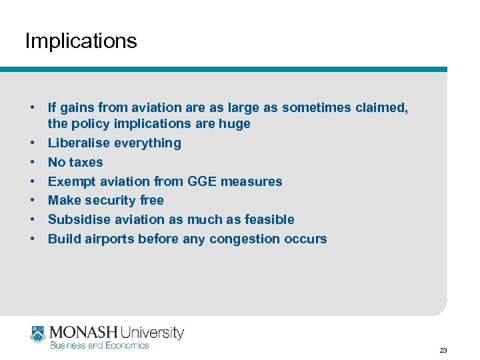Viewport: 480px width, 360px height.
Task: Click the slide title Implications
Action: [81, 41]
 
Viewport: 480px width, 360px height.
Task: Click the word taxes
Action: [86, 162]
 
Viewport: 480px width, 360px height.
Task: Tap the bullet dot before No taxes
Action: [31, 162]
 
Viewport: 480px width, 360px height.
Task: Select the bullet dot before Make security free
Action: [31, 200]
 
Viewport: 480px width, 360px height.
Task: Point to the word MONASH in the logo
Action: [83, 331]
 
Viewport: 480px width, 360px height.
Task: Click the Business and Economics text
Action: [99, 345]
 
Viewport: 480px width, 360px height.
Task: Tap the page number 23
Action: [443, 350]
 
